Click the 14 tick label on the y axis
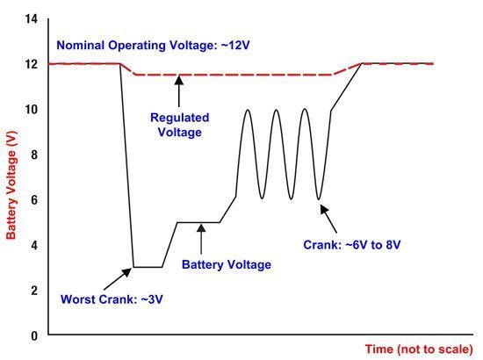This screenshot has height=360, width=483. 32,19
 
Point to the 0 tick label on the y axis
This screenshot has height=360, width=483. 34,335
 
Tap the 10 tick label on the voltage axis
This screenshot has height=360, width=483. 32,110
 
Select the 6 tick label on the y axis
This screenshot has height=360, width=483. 34,200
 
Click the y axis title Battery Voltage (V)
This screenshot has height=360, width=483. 11,185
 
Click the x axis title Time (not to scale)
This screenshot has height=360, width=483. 419,349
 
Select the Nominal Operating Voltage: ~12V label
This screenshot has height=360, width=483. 153,46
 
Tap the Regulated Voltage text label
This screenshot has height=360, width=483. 179,125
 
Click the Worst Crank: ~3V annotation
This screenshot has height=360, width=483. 112,299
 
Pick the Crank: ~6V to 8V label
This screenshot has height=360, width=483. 352,245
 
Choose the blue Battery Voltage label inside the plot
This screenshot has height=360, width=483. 227,264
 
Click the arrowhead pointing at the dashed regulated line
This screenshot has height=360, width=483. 179,80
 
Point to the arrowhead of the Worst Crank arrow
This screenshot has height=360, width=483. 127,272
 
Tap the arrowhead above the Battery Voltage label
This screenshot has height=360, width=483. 201,228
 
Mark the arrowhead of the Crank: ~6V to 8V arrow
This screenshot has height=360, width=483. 324,209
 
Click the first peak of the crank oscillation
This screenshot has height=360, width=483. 248,111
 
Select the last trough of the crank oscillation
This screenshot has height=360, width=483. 319,199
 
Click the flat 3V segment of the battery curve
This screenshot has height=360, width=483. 148,267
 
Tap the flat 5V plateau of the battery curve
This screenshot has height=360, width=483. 198,222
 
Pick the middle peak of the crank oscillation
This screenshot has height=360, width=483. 277,111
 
